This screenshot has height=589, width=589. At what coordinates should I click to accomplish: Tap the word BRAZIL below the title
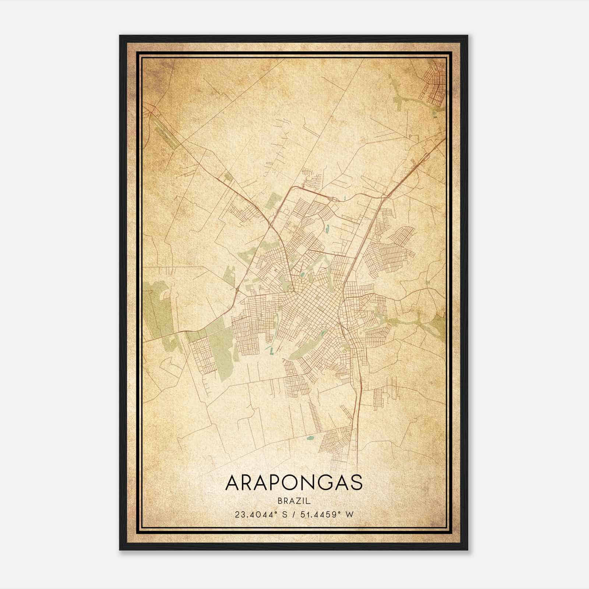[x=294, y=501]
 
